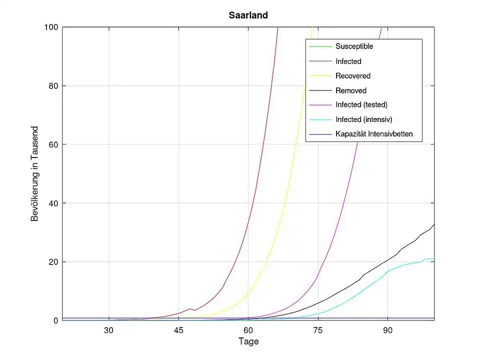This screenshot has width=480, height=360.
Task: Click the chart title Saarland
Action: (x=245, y=15)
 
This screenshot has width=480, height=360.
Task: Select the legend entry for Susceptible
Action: (x=354, y=46)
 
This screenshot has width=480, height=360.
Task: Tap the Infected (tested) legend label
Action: (x=361, y=105)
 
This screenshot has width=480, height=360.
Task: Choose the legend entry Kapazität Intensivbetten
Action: (x=373, y=134)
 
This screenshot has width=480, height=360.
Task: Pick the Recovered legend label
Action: (x=352, y=76)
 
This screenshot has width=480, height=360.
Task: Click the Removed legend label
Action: (x=350, y=90)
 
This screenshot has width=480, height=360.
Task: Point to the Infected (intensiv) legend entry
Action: (x=363, y=119)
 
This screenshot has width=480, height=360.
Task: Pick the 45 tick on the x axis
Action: (x=178, y=330)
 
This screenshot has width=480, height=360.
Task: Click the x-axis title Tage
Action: (x=248, y=342)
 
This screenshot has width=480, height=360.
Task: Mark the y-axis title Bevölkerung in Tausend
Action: (x=35, y=173)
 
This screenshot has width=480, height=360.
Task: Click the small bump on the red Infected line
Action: (x=190, y=309)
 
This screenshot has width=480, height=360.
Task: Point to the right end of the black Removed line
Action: (x=434, y=224)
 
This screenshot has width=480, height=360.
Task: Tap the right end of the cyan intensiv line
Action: (x=433, y=258)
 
